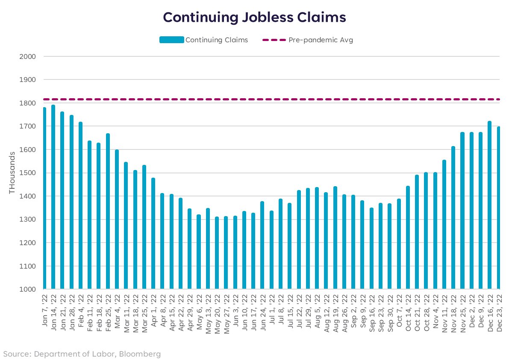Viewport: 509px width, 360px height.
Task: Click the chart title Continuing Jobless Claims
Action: [x=254, y=17]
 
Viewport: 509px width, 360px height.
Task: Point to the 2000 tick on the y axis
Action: [x=27, y=56]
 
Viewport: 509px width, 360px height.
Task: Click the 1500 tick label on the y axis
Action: [x=27, y=173]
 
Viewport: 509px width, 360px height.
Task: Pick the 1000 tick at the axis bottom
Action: [x=27, y=289]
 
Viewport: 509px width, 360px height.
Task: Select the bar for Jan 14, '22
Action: [x=53, y=197]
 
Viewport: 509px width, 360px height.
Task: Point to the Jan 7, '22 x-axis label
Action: [x=45, y=310]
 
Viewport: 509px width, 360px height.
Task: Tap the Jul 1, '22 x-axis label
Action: [x=271, y=310]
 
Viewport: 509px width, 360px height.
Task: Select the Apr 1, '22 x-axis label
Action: [x=153, y=310]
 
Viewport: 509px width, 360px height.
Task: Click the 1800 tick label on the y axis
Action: [x=27, y=103]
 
